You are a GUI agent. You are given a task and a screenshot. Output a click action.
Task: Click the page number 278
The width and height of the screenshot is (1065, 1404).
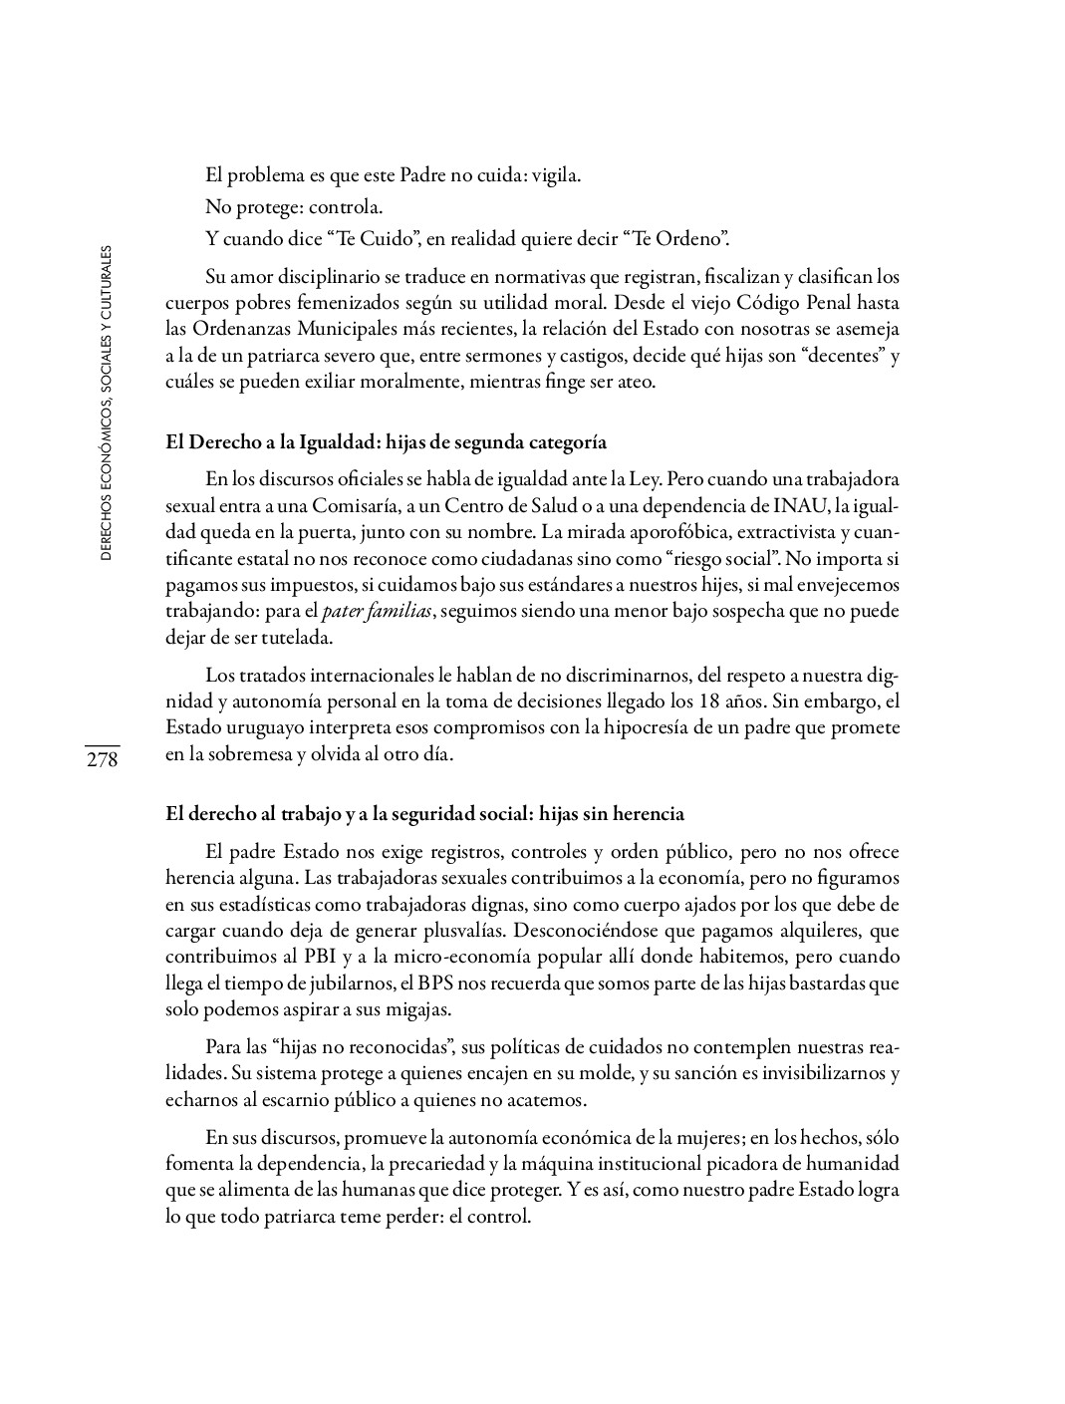coord(102,761)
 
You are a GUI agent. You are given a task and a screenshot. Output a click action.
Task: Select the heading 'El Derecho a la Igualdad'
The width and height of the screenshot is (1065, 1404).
coord(386,442)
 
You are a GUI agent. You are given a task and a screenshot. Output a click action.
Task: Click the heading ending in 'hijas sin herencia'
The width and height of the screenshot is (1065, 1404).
coord(424,814)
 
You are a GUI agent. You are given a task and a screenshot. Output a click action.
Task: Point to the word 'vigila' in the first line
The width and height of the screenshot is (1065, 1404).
coord(555,176)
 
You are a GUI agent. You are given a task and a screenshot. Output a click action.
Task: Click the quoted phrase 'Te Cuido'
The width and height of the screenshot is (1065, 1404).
coord(369,239)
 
